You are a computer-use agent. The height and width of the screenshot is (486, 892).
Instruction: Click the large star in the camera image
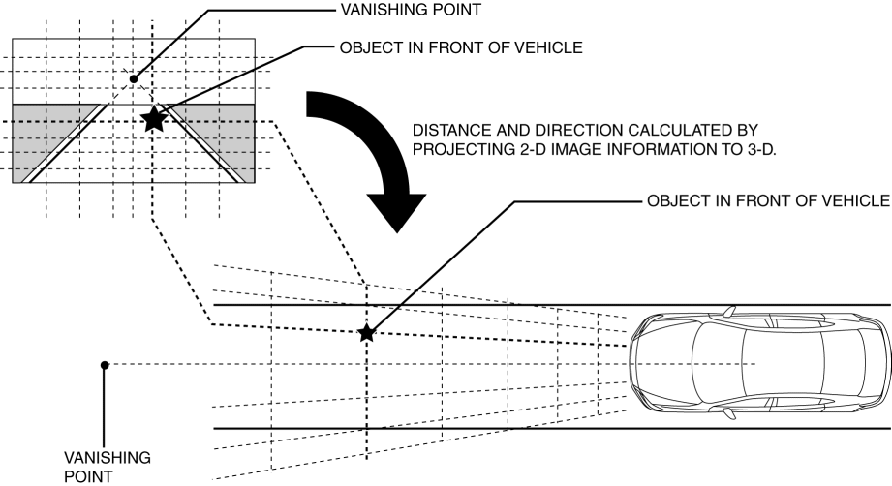(153, 119)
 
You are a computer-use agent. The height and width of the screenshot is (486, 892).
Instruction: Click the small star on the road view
(366, 333)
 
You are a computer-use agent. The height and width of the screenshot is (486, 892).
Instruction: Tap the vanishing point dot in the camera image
(134, 77)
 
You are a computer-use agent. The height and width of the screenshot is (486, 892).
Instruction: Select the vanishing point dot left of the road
(104, 365)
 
